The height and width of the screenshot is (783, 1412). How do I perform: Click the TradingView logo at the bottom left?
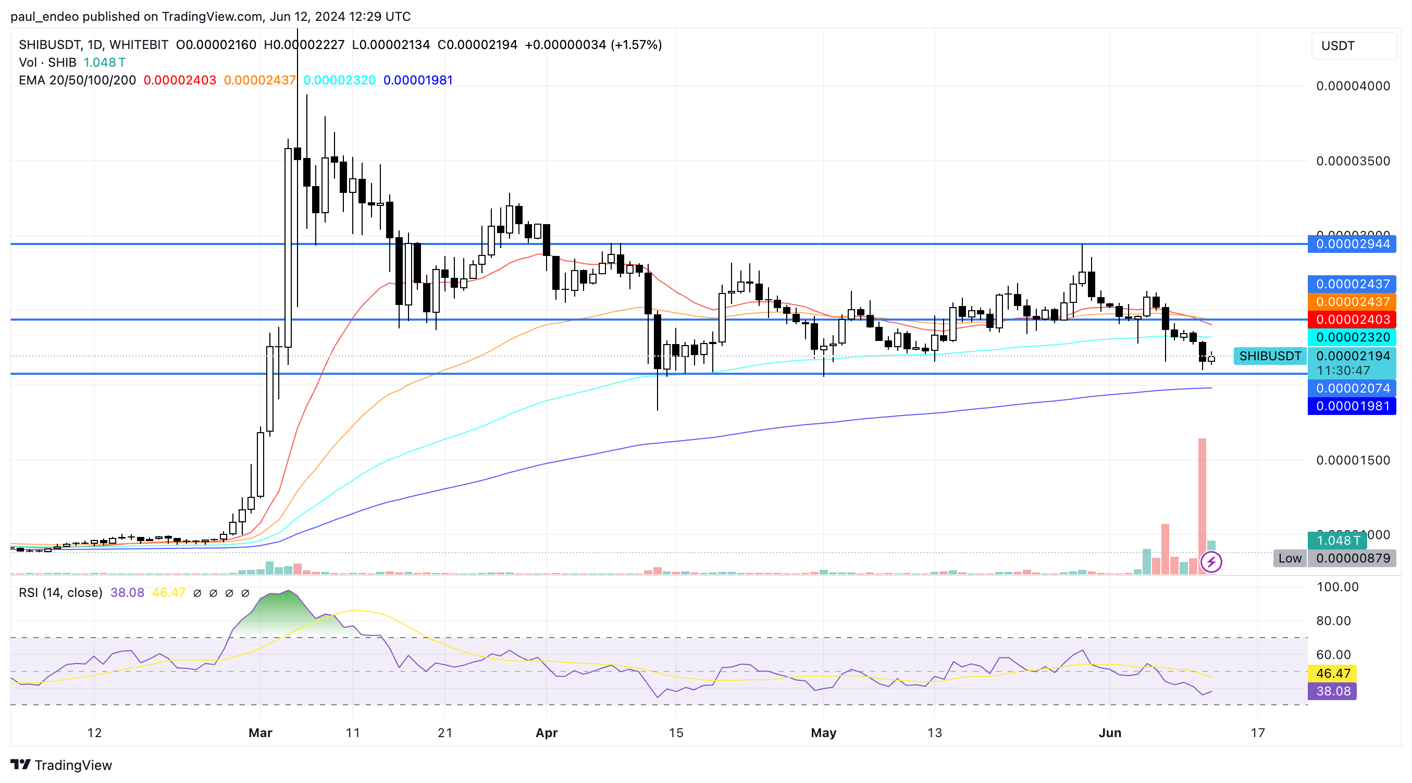61,764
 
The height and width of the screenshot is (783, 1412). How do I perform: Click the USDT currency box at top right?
1353,45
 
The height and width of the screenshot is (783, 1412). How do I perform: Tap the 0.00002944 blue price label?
1352,244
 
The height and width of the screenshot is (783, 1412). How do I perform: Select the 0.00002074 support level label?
1352,388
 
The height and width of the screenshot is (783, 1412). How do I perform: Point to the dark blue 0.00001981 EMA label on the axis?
1352,406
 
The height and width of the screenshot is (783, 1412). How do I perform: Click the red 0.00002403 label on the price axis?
1352,319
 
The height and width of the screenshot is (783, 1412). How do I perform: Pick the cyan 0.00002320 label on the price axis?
1352,337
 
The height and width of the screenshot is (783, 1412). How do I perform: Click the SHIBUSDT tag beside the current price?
1269,356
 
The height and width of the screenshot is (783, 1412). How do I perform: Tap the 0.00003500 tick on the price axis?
1353,161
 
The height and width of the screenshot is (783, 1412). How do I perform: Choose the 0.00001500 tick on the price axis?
1353,460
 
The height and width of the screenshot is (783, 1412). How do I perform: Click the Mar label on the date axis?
261,732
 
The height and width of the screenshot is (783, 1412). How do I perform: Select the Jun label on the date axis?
1110,732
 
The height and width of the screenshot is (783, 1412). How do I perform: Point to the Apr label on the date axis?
547,732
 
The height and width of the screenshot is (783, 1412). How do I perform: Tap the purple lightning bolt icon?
1211,561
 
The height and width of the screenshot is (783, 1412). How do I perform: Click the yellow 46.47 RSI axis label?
1332,674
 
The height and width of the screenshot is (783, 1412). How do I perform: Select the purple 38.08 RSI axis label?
1332,691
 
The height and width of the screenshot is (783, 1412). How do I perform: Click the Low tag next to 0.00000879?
1290,558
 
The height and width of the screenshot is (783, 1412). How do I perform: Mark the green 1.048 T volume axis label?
1337,540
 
